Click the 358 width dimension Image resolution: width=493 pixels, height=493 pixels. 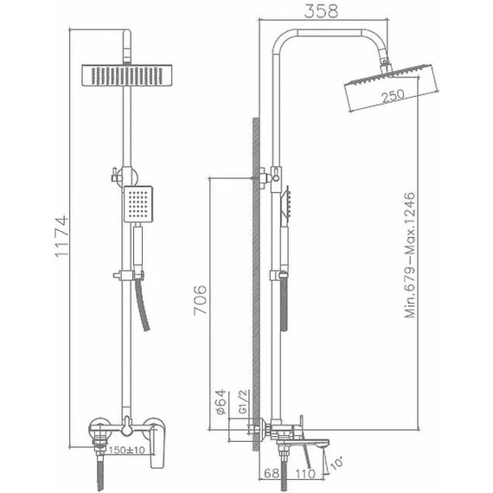point(322,11)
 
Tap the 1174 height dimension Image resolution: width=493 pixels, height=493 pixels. point(61,236)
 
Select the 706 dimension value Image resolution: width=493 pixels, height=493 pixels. point(201,300)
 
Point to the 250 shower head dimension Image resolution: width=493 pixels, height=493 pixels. point(394,96)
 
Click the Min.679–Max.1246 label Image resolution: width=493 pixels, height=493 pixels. point(410,255)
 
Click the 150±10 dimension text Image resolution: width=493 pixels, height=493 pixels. point(126,451)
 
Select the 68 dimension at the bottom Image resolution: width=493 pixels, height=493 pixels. point(272,473)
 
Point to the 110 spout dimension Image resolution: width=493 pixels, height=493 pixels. point(305,473)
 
